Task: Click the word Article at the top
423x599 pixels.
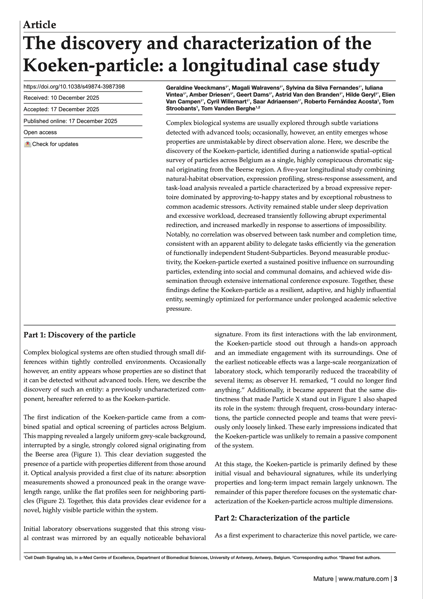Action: point(40,25)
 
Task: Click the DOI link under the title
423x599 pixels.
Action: point(74,87)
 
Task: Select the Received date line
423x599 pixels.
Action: point(61,98)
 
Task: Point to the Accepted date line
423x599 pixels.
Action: point(61,109)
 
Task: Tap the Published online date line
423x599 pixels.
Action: point(70,121)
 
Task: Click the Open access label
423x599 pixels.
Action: point(40,133)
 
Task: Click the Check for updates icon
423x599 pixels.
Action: point(27,144)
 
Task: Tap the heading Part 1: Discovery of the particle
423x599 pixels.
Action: point(79,335)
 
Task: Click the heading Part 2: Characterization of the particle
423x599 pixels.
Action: point(282,518)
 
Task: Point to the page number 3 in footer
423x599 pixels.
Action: point(395,579)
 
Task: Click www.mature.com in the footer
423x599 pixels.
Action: point(364,579)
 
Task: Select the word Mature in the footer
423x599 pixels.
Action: point(323,579)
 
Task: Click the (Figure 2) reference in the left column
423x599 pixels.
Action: point(48,501)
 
